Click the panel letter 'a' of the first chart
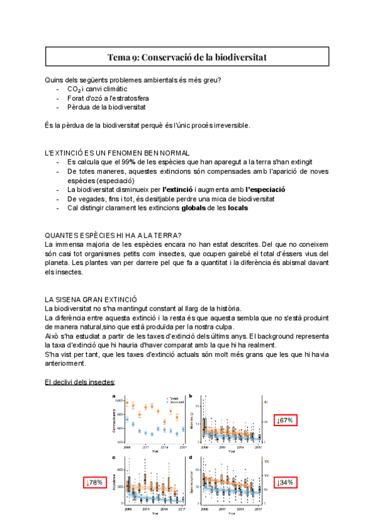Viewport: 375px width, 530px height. pos(114,396)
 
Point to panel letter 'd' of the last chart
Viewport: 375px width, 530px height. pos(199,458)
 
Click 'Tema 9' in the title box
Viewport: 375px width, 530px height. pos(123,57)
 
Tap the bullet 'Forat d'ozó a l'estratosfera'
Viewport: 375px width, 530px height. pos(108,98)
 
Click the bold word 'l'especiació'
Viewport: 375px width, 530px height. pos(265,189)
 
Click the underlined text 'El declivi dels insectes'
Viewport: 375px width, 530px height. pos(80,382)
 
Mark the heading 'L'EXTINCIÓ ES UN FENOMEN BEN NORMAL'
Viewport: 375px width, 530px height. pos(117,152)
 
